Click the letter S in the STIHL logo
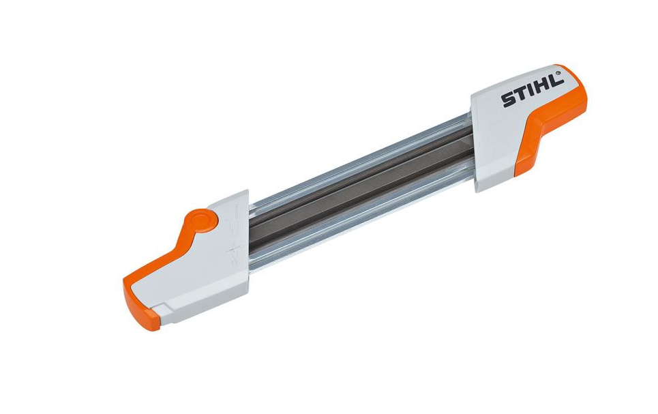pos(509,100)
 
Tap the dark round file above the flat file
pos(355,179)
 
